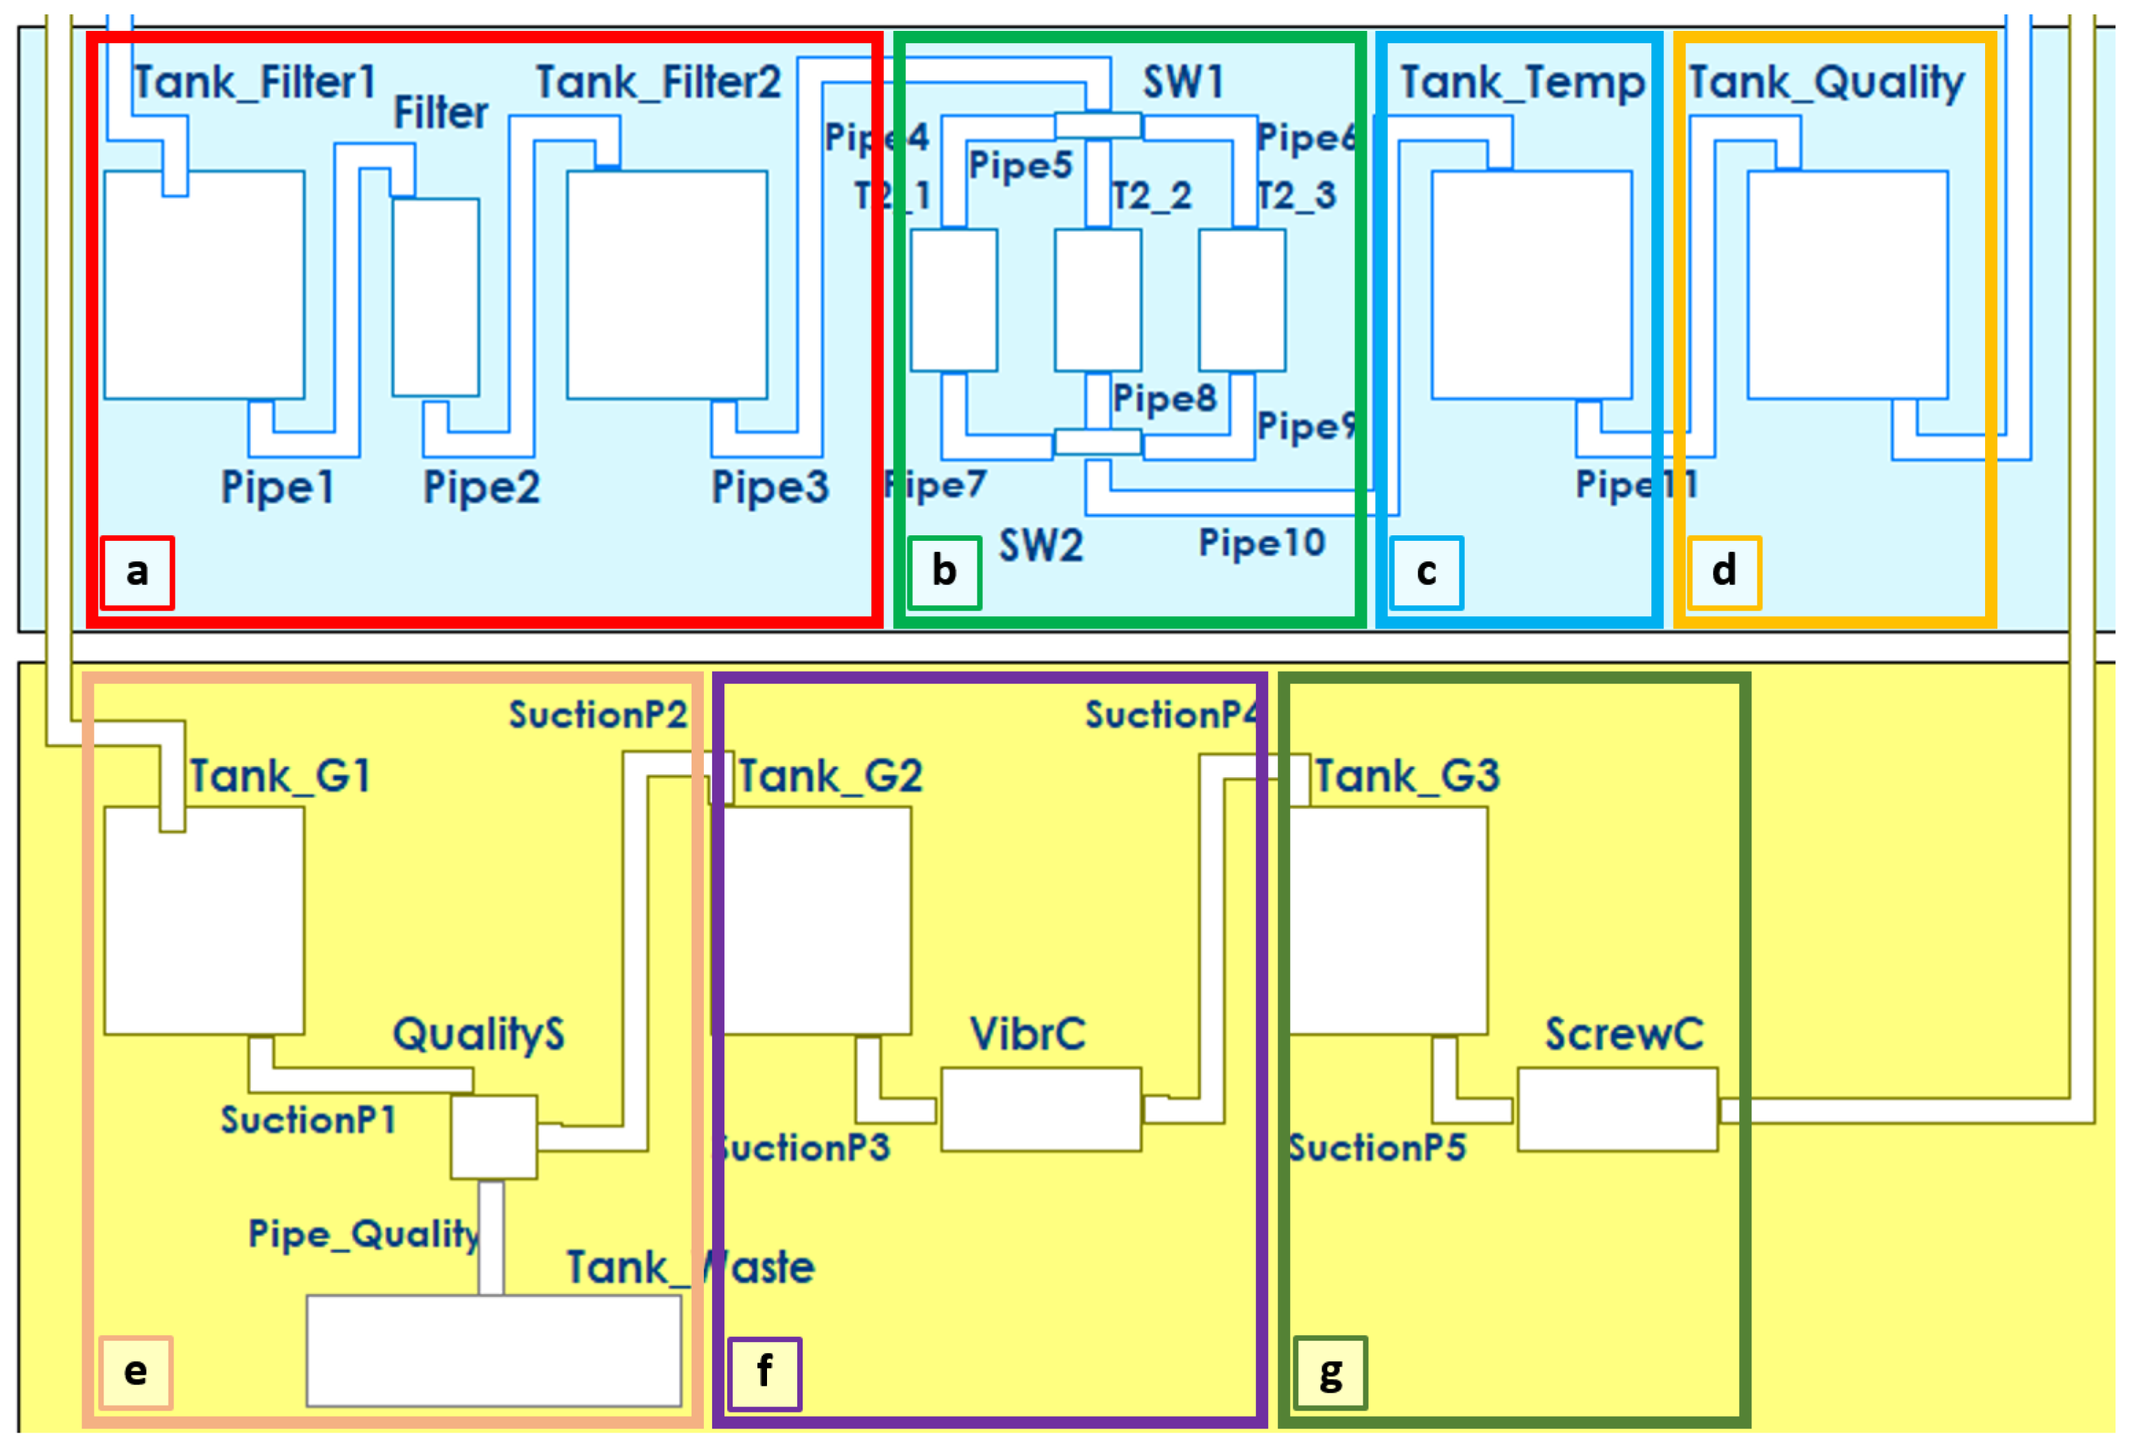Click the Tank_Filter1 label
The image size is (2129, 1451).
(255, 82)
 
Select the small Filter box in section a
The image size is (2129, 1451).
(435, 297)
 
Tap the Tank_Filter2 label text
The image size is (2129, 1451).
(658, 82)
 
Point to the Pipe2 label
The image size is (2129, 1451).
(481, 487)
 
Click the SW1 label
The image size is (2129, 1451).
(1182, 82)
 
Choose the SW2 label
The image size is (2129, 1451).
(1041, 546)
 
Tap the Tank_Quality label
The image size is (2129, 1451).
(1826, 82)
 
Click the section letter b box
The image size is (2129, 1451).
(944, 572)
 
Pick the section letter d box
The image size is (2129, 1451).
(1723, 572)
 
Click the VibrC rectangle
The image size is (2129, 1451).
(1041, 1108)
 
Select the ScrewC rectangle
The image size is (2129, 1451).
(1617, 1108)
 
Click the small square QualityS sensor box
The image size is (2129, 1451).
(493, 1136)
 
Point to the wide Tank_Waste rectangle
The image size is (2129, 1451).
(493, 1350)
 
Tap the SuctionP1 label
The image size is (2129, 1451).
(308, 1119)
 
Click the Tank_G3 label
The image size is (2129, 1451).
(1407, 777)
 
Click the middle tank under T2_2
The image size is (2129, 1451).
(1097, 300)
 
